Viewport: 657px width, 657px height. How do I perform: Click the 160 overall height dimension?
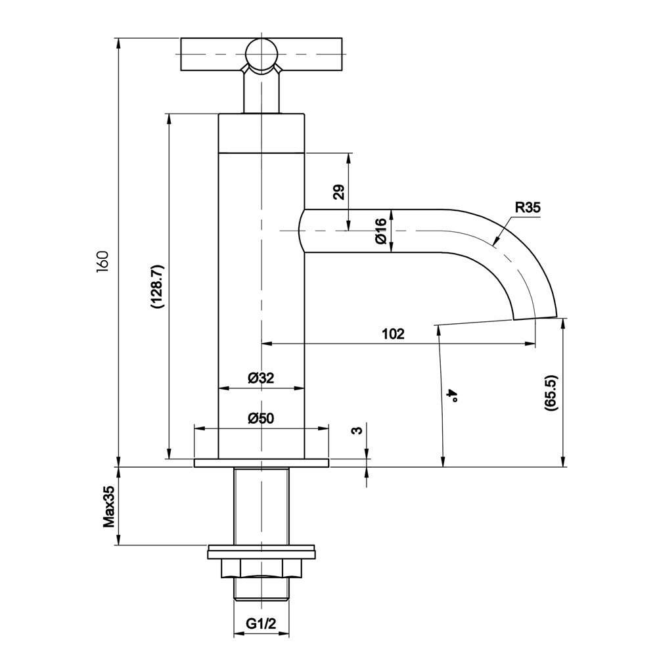tap(102, 262)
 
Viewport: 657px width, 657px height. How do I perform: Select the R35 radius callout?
tap(528, 208)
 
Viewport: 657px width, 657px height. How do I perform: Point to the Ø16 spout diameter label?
tap(381, 231)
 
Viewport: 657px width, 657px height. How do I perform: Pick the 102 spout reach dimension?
tap(394, 334)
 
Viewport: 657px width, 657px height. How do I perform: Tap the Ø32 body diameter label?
tap(260, 378)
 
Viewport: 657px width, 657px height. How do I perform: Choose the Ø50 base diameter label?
tap(260, 418)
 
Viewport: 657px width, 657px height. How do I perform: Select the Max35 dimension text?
tap(109, 506)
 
